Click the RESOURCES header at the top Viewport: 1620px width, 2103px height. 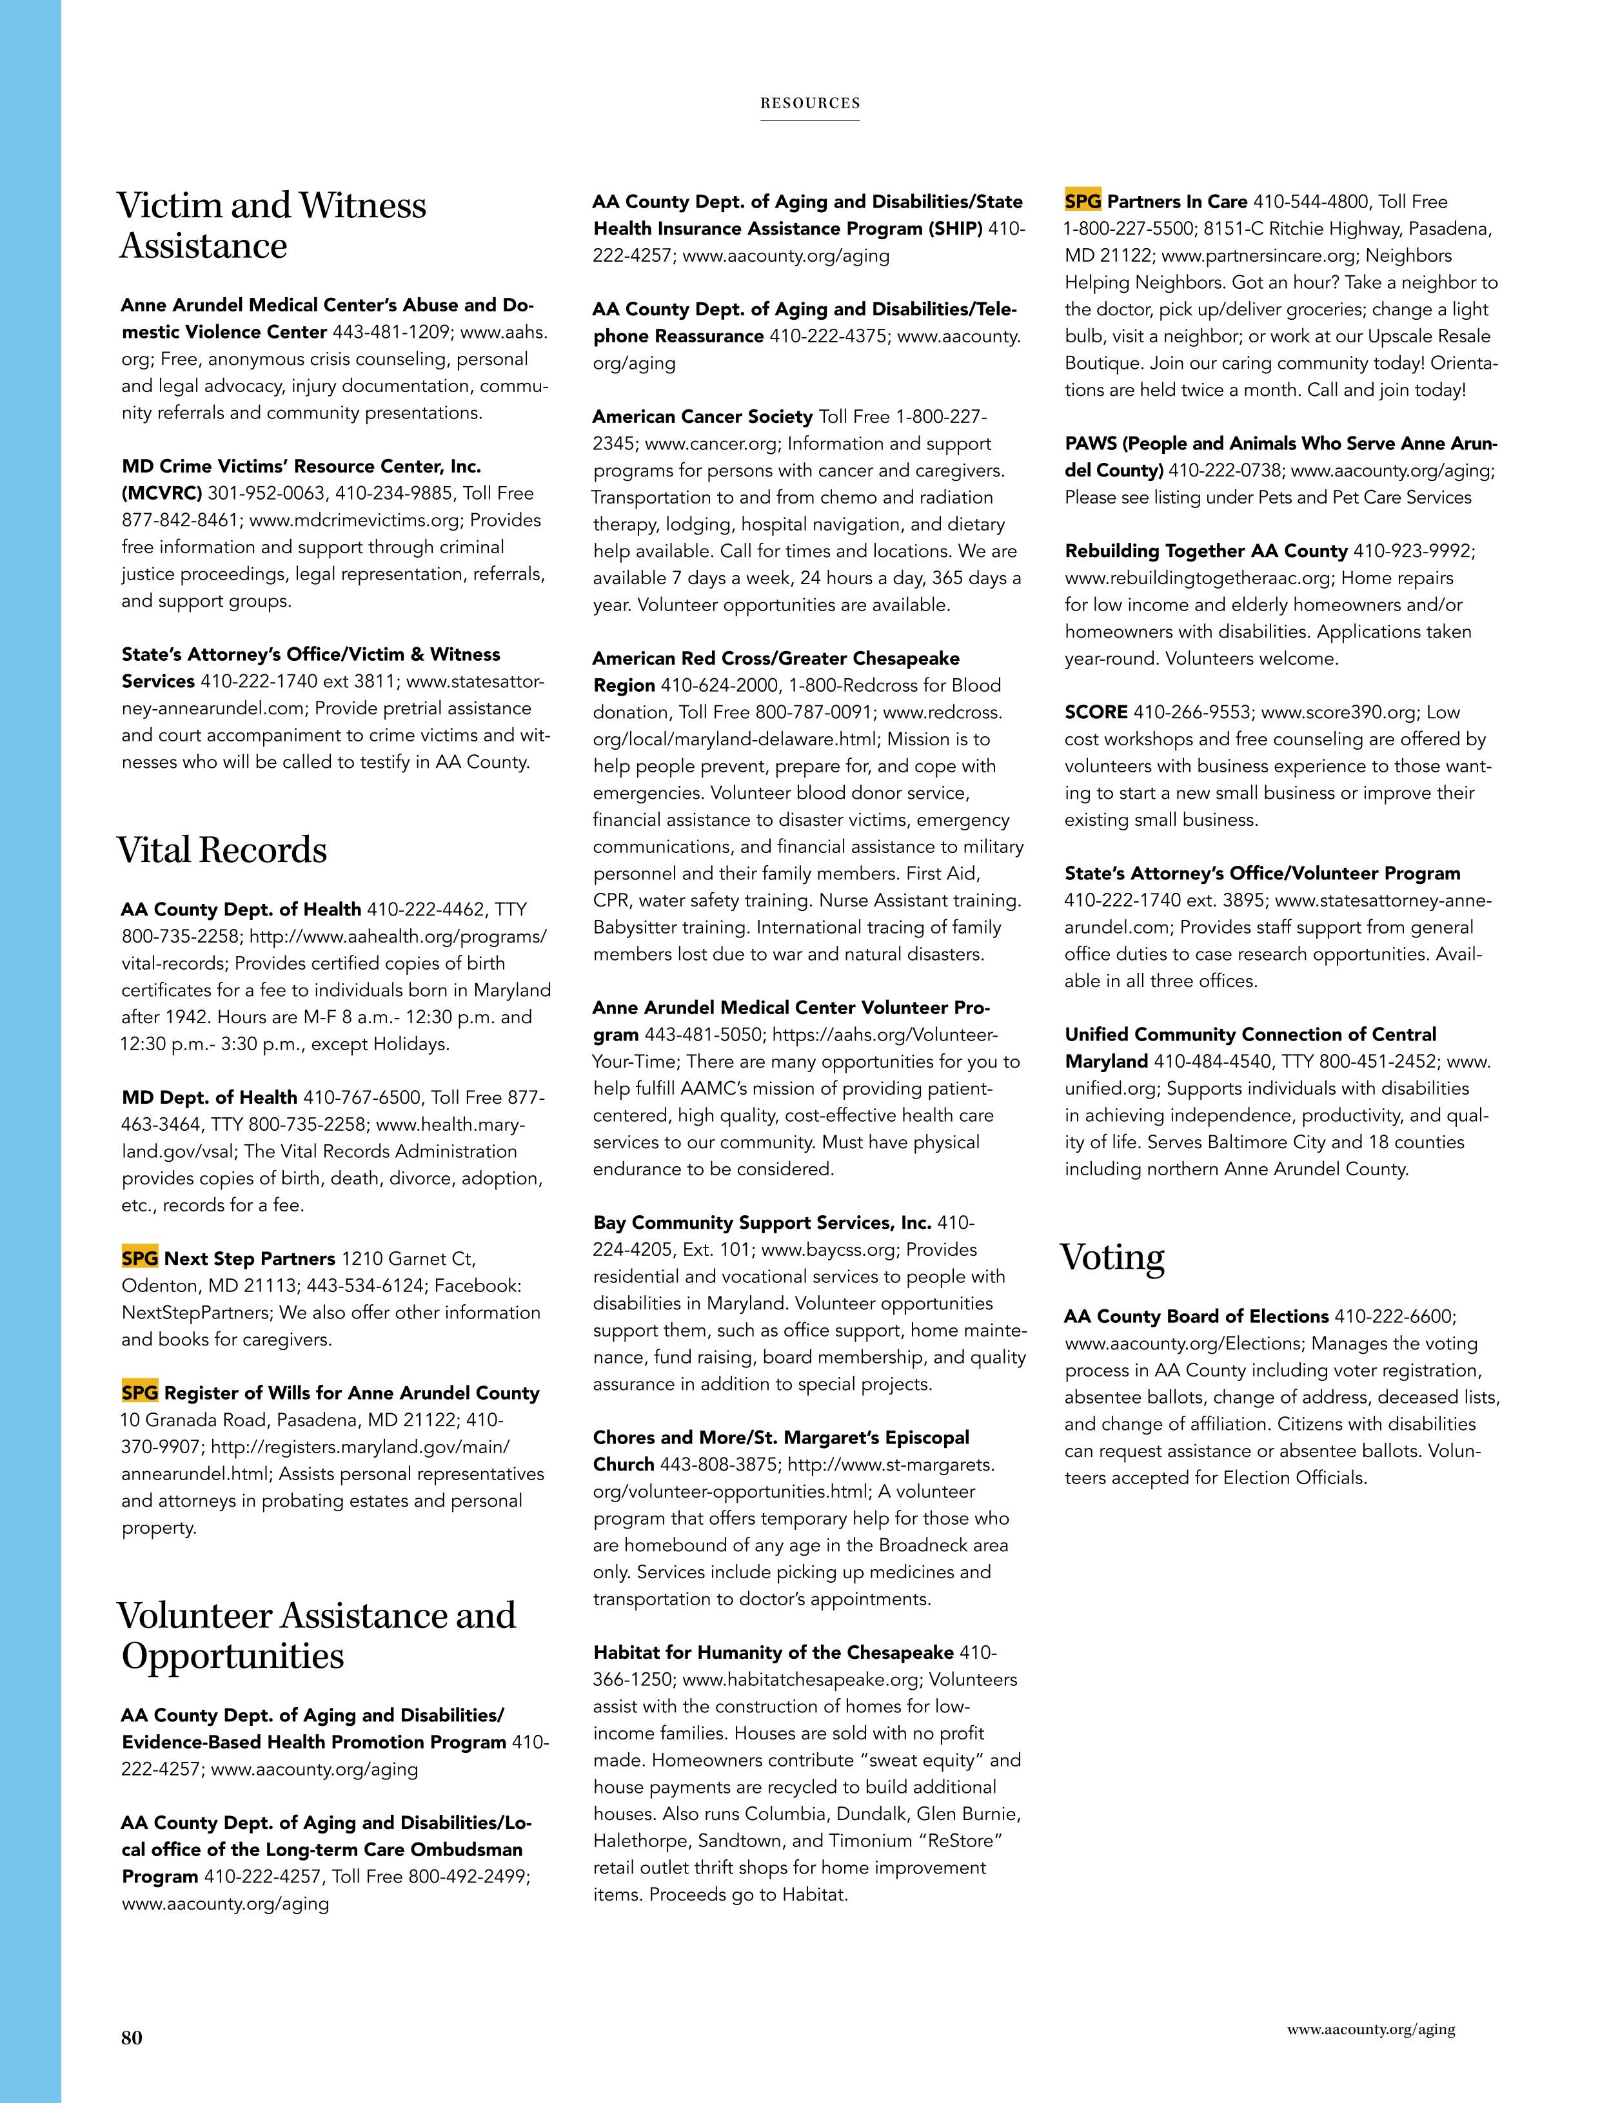tap(810, 103)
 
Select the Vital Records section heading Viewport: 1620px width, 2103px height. tap(221, 850)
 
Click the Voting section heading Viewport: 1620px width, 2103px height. tap(1112, 1258)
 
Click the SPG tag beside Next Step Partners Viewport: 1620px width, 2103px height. tap(140, 1258)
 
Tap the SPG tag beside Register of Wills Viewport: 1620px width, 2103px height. tap(140, 1393)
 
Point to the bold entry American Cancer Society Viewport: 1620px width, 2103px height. tap(702, 417)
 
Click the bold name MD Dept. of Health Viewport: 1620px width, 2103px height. tap(209, 1098)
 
